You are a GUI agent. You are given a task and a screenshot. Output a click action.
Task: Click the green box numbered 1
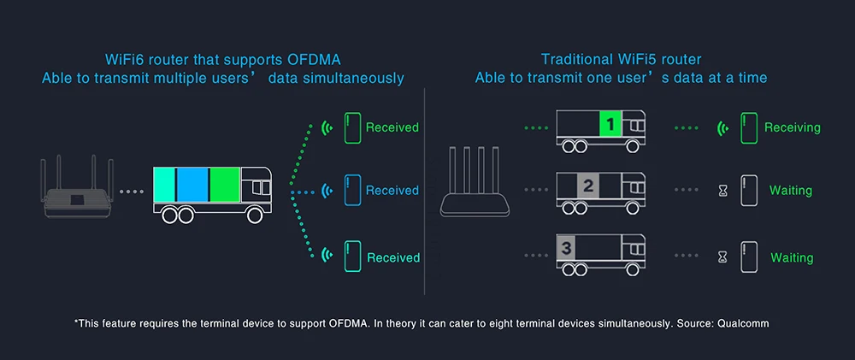(610, 124)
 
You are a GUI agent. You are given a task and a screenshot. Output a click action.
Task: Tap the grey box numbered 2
(588, 186)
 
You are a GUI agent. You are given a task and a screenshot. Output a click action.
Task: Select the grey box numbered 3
(566, 248)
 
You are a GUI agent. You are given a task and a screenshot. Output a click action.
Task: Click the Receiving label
(793, 127)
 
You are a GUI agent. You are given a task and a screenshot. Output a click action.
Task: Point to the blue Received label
(392, 191)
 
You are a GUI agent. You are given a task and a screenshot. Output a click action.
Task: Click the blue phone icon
(351, 191)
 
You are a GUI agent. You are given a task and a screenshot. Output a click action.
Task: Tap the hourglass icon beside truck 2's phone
(723, 191)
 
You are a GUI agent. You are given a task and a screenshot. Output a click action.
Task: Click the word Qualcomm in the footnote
(743, 323)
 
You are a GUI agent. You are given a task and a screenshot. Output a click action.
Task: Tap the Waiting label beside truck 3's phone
(792, 257)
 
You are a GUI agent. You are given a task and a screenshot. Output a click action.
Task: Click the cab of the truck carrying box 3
(634, 249)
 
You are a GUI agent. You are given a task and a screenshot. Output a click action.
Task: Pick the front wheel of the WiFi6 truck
(254, 215)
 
